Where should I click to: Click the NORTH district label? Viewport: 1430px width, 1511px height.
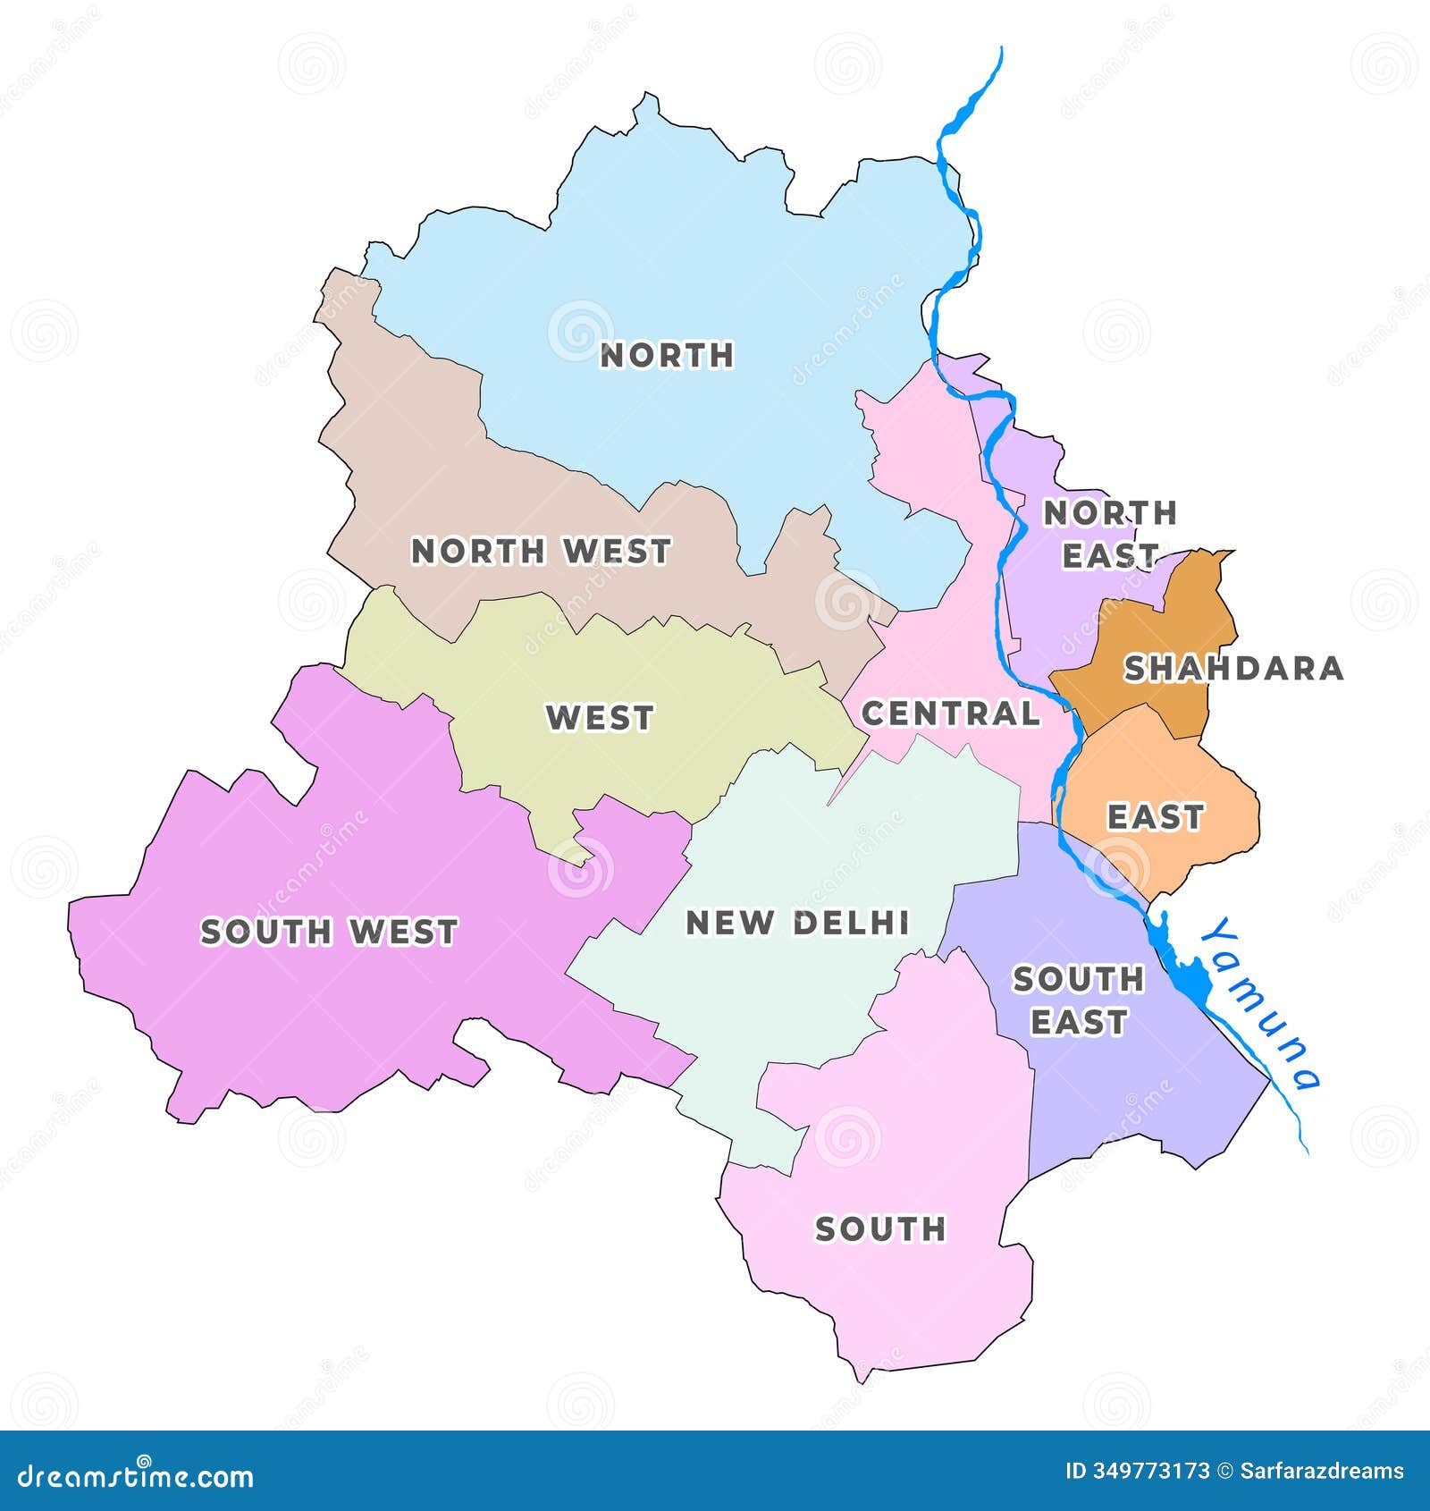click(667, 355)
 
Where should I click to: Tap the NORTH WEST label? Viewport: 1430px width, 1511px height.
click(541, 552)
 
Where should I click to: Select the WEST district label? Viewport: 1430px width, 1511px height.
click(601, 717)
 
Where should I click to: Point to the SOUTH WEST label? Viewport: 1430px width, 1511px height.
click(329, 932)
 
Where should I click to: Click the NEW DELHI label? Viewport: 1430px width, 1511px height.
click(798, 923)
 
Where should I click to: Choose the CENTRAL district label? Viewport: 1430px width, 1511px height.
click(951, 713)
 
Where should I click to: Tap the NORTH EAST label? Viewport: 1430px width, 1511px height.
click(1110, 534)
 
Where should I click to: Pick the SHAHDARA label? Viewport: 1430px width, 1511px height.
click(1233, 668)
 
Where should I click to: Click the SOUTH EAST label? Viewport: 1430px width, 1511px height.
click(1079, 1000)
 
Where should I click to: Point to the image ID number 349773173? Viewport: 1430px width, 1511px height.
click(1151, 1471)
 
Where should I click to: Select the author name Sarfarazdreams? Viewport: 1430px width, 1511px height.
click(1322, 1471)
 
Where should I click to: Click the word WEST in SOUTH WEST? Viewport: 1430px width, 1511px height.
click(403, 932)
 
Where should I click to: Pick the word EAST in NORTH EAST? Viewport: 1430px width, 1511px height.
click(1110, 555)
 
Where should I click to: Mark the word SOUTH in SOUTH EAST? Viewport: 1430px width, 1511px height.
click(1079, 980)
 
